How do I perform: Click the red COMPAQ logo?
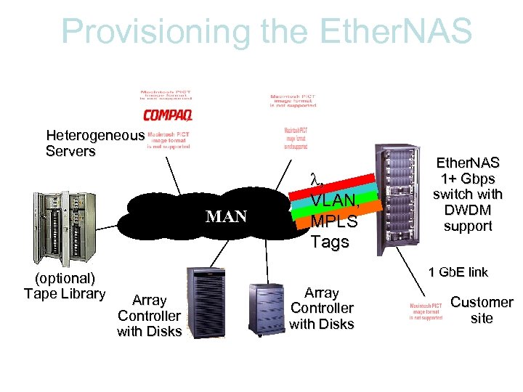(167, 115)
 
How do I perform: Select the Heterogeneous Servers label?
(94, 143)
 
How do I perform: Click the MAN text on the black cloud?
(226, 216)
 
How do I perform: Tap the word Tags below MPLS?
(330, 241)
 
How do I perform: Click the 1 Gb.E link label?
(458, 272)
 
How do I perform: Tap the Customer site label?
(482, 310)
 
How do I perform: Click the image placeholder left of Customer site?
(426, 310)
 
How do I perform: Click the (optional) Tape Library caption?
(65, 286)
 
